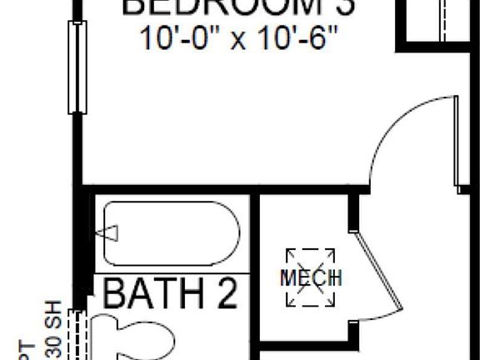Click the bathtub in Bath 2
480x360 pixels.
coord(171,233)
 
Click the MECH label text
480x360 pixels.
coord(311,277)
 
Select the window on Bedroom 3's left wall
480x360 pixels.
coord(77,67)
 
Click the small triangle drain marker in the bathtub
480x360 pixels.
coord(111,233)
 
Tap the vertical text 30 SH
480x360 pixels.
coord(52,329)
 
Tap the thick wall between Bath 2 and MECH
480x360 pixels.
coord(255,275)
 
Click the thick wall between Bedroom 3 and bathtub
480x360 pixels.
coord(167,190)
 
